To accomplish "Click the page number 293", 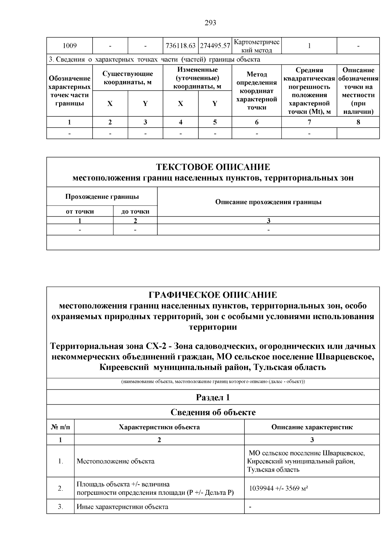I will [210, 23].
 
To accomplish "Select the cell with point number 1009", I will [70, 46].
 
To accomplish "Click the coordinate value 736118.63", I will [181, 46].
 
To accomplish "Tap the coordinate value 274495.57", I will [215, 46].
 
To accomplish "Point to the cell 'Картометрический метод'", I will [256, 46].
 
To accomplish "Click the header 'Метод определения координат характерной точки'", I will [256, 91].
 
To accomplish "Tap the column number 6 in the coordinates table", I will [256, 122].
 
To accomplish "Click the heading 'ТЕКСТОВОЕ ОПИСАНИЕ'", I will [213, 167].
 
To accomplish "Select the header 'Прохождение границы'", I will [102, 196].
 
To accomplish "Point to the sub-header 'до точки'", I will [135, 211].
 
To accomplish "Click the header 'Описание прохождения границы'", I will [268, 202].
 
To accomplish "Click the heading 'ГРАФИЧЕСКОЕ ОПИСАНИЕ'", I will [213, 295].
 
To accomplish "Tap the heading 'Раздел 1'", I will [213, 397].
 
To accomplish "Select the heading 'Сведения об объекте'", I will [213, 412].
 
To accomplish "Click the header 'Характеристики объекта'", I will [159, 427].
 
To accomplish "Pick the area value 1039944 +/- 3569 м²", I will [279, 489].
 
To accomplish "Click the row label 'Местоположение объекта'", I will [115, 461].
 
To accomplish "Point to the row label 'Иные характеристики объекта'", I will [122, 507].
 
